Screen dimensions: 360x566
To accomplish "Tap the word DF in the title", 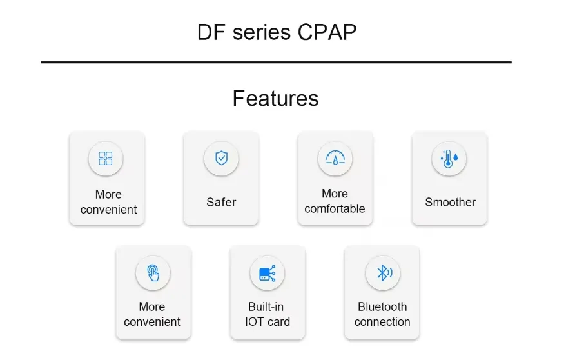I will [x=211, y=32].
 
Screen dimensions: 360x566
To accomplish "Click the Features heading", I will [x=275, y=98].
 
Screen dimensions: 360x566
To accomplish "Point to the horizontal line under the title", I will [x=276, y=63].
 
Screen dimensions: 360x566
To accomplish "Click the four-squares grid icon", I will [x=106, y=159].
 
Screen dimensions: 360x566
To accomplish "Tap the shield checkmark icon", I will [x=221, y=157].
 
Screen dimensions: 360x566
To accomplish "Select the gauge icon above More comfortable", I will [x=335, y=158].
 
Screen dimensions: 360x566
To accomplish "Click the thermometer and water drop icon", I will [x=449, y=159].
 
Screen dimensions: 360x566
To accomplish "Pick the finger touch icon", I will [x=153, y=272].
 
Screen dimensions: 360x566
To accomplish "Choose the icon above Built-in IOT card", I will [x=267, y=273].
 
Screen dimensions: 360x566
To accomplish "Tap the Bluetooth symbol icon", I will [x=383, y=272].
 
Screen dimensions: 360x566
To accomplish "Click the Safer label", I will [x=221, y=202].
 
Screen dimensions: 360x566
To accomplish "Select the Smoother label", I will [x=450, y=202].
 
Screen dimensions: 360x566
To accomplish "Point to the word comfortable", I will [x=335, y=209].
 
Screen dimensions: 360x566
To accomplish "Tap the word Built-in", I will [x=266, y=306].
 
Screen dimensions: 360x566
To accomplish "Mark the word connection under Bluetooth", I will [x=382, y=322].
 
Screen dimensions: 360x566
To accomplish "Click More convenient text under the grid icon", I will [x=108, y=202].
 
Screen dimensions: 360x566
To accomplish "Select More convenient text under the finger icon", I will [x=152, y=314].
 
